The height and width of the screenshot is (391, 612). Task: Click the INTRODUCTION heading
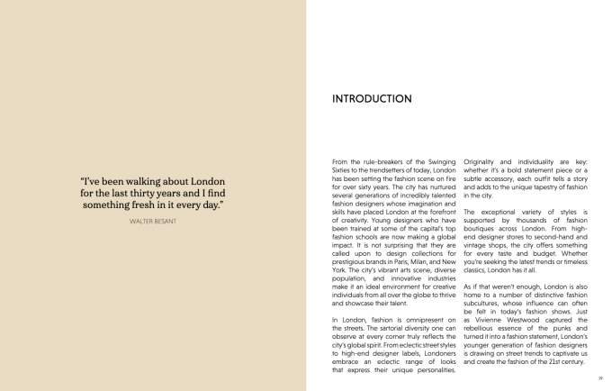[372, 99]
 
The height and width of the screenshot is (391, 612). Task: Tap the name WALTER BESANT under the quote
[153, 221]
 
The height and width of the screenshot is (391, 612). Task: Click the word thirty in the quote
[161, 193]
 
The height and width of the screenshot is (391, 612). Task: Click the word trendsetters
[382, 170]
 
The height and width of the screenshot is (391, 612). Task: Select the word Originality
[483, 161]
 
